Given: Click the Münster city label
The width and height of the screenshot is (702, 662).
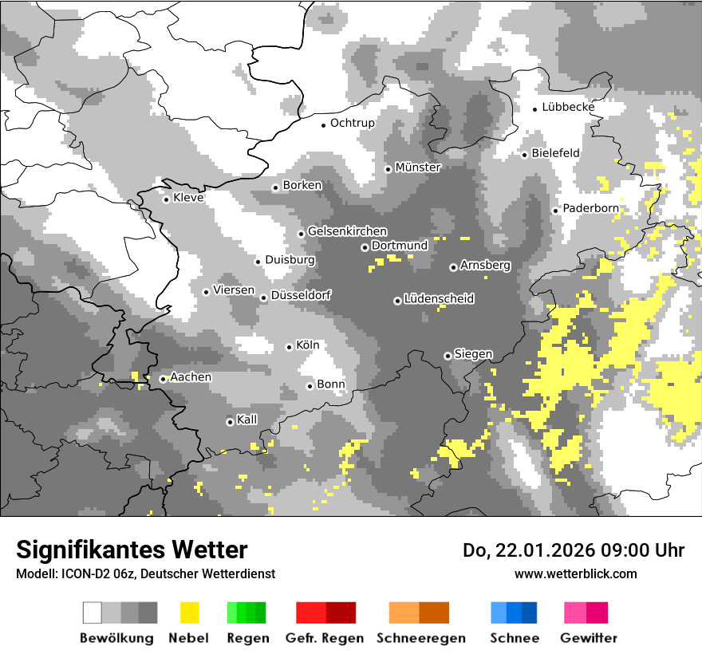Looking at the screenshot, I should click(x=418, y=167).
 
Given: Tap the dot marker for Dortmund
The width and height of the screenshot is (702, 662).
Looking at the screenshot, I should click(x=365, y=247).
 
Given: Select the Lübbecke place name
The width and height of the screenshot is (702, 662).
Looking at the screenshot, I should click(x=568, y=107).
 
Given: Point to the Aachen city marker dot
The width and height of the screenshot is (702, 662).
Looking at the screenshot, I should click(x=163, y=379).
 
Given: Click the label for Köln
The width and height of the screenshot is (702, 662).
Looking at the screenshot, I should click(x=307, y=345).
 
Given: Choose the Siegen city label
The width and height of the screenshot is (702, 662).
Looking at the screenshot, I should click(x=473, y=354).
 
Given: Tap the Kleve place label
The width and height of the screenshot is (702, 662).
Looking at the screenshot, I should click(x=188, y=198).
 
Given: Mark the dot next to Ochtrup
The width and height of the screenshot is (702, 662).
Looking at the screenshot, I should click(x=324, y=124).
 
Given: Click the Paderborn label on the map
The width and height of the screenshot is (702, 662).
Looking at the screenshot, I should click(x=590, y=208).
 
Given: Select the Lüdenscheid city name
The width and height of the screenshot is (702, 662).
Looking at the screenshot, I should click(x=439, y=299).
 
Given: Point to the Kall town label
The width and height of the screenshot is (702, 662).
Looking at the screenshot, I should click(x=247, y=420).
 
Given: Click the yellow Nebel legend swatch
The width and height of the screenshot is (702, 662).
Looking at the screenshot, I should click(x=190, y=613).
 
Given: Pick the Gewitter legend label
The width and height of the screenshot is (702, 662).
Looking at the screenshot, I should click(x=588, y=638).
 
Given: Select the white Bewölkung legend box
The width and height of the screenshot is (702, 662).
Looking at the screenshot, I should click(x=93, y=613).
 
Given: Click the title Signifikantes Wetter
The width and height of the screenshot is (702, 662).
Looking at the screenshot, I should click(x=132, y=550).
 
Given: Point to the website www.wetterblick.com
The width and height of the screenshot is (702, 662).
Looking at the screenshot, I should click(x=575, y=573).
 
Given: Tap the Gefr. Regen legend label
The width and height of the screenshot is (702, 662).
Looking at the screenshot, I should click(x=325, y=638).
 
